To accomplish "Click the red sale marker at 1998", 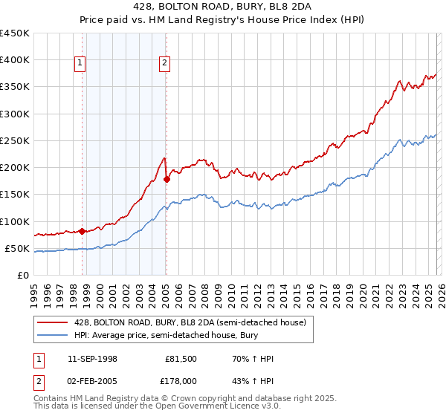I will point(82,231).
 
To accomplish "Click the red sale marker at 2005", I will point(167,179).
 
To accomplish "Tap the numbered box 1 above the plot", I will point(80,64).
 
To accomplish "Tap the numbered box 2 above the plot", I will point(164,64).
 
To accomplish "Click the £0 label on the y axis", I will point(22,275).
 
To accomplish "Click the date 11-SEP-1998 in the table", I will point(91,359).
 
